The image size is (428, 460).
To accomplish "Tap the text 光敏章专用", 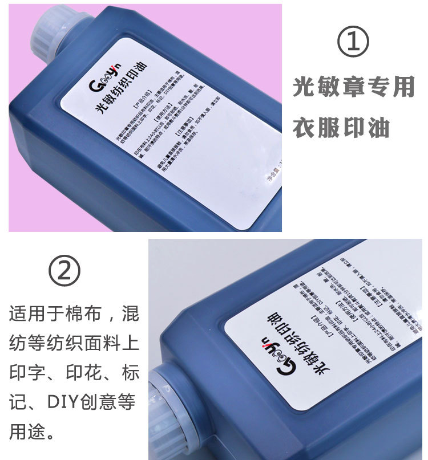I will [x=353, y=87].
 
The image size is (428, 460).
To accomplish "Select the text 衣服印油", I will [x=341, y=128].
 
